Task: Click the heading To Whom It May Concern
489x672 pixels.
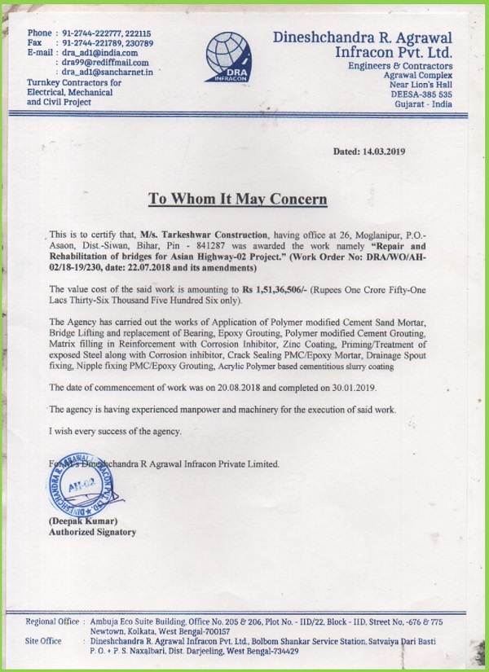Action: pos(237,200)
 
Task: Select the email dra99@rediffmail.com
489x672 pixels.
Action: pos(106,62)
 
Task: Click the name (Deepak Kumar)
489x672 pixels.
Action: pos(85,520)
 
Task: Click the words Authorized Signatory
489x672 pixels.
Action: pos(92,532)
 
